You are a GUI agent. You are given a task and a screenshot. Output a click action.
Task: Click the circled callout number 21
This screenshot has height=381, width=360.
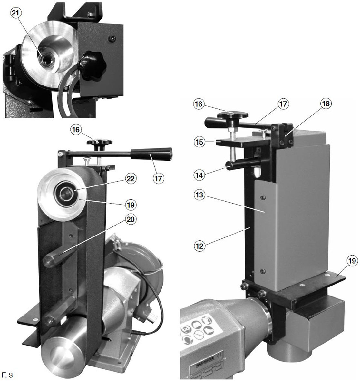(x=15, y=13)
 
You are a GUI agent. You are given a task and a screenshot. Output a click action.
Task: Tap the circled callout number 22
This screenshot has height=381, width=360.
(x=131, y=179)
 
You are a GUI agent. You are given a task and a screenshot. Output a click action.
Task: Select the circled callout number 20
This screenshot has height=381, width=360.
(x=131, y=219)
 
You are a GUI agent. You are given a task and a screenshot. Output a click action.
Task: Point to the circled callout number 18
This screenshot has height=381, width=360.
(x=326, y=104)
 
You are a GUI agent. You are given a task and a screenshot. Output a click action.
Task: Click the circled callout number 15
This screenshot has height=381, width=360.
(x=199, y=142)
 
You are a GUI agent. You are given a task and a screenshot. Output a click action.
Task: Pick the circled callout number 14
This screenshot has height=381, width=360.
(x=199, y=175)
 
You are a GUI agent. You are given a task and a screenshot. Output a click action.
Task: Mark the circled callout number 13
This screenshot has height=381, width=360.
(x=199, y=195)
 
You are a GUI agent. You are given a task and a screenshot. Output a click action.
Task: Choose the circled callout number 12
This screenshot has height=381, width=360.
(x=199, y=246)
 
